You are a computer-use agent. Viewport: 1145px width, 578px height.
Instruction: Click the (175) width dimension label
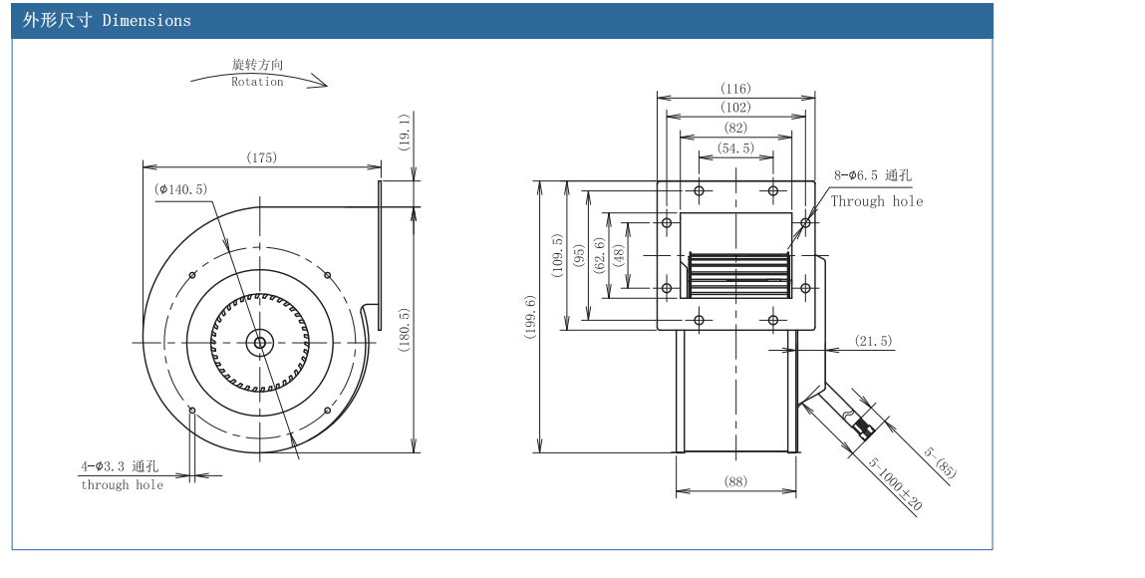click(262, 157)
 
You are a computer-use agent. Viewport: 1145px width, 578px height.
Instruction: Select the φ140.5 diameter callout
click(180, 188)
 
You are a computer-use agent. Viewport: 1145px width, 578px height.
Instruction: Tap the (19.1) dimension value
click(405, 132)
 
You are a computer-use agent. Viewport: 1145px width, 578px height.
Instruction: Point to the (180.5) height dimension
click(405, 330)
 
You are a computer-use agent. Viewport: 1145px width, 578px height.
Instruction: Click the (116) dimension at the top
click(735, 89)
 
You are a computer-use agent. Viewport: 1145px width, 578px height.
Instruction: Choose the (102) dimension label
click(735, 108)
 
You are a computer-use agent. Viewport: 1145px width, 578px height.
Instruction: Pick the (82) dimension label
click(735, 128)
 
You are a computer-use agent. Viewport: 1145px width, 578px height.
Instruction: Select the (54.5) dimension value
click(735, 147)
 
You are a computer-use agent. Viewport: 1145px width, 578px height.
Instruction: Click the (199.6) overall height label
click(529, 317)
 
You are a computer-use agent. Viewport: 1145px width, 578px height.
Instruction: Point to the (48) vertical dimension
click(618, 254)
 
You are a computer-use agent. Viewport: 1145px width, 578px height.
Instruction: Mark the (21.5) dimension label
click(874, 342)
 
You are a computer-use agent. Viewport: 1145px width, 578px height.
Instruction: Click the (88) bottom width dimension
click(735, 482)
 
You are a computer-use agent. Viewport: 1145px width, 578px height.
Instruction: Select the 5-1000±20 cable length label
click(895, 485)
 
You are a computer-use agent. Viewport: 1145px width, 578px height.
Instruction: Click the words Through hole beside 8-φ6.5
click(877, 201)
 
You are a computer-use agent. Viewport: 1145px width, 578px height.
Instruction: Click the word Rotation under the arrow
click(257, 82)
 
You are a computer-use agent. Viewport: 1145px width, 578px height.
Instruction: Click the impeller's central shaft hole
click(260, 343)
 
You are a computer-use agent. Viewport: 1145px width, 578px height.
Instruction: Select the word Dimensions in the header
click(145, 20)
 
